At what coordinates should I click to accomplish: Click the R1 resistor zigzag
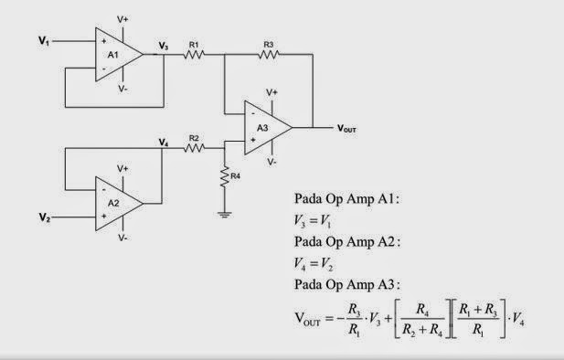point(193,54)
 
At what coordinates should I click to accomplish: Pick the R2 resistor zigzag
point(193,147)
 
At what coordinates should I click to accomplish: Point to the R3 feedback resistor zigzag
point(269,54)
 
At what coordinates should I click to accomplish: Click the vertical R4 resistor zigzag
point(225,176)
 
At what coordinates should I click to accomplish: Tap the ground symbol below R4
point(225,214)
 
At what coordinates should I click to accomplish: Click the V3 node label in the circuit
point(163,46)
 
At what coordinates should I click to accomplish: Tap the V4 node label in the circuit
point(163,143)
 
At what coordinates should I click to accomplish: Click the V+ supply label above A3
point(271,92)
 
